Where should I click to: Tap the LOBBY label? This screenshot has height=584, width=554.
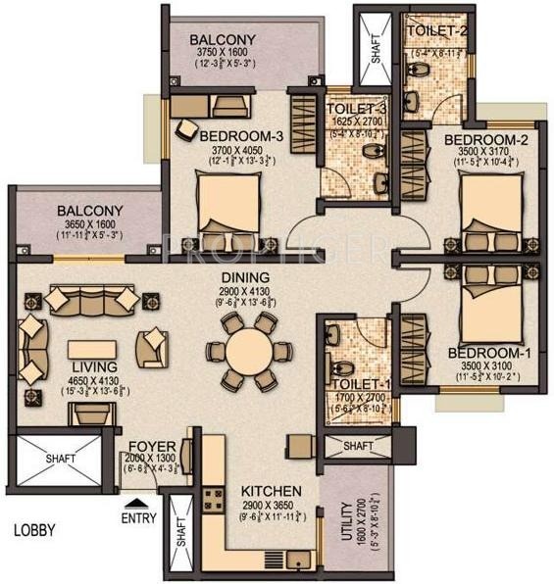point(34,530)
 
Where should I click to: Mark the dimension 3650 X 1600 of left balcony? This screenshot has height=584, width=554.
point(89,224)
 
